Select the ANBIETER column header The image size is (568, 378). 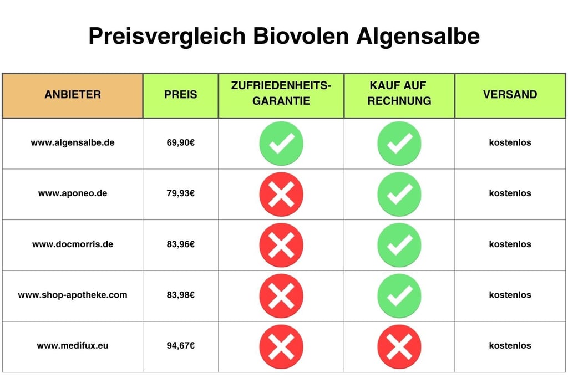tap(73, 95)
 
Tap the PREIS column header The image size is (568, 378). tap(180, 95)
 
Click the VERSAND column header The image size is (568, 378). tap(510, 95)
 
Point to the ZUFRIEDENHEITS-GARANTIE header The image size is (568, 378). tap(281, 94)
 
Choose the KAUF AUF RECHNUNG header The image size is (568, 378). tap(399, 94)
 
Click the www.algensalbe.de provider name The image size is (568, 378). tap(73, 142)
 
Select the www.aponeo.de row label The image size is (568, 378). tap(73, 193)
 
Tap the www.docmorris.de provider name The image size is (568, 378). tap(73, 244)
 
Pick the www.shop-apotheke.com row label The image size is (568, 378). tap(73, 295)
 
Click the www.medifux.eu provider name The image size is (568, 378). tap(73, 345)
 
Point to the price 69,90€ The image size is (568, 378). tap(180, 142)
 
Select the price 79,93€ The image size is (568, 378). tap(180, 193)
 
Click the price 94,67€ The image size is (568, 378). tap(180, 345)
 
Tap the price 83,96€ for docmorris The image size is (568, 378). tap(180, 244)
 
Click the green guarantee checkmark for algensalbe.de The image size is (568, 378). tap(281, 144)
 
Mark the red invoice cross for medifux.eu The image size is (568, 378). tap(399, 346)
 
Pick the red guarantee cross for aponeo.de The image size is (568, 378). tap(281, 194)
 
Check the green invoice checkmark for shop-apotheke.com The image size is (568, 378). tap(399, 295)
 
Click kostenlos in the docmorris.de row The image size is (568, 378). tap(510, 244)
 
